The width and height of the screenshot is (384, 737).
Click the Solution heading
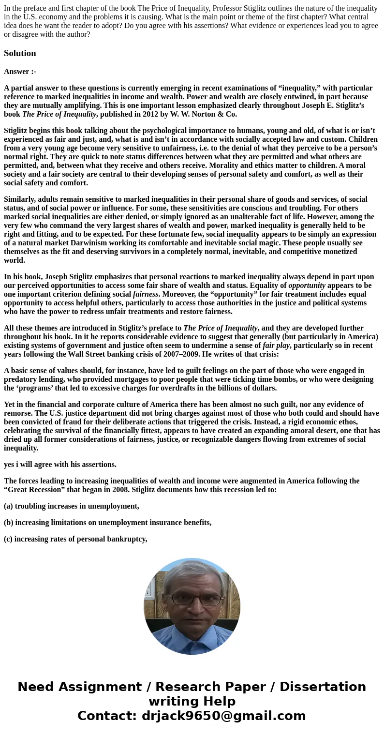20,53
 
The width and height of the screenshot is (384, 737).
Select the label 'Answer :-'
20,72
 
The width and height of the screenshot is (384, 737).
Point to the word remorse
18,413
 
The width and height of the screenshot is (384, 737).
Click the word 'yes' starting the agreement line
9,465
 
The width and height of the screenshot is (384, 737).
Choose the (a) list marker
9,506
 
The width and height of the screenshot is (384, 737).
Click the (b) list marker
9,523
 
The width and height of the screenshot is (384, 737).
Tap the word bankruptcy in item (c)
127,539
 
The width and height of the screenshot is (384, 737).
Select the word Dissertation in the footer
323,687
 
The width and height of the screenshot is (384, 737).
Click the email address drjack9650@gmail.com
223,716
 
